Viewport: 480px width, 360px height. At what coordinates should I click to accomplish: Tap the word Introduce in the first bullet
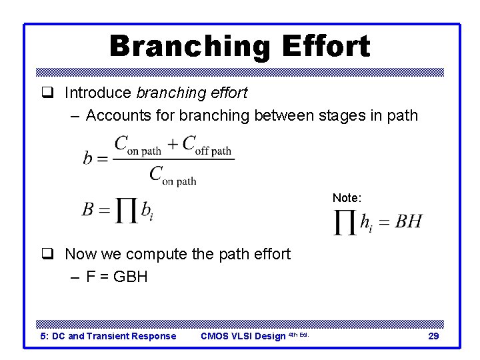98,93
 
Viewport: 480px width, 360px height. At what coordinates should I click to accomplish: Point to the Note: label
347,198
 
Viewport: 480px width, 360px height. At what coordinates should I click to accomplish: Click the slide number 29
433,336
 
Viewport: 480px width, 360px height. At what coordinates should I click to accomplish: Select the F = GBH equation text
117,276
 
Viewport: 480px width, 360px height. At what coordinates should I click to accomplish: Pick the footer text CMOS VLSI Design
243,336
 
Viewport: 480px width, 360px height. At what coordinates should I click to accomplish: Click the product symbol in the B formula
125,211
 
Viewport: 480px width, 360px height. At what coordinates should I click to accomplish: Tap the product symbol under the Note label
345,223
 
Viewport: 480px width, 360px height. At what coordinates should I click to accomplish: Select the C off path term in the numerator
207,145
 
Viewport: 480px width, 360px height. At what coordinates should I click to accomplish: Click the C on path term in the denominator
173,175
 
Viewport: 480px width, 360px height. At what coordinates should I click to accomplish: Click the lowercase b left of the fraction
88,159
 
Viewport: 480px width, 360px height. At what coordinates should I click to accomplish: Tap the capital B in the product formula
88,210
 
